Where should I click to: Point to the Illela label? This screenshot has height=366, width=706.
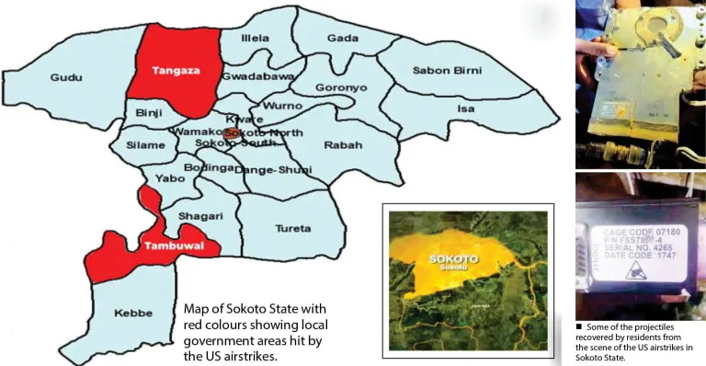[255, 39]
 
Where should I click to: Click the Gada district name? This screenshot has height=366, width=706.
[342, 39]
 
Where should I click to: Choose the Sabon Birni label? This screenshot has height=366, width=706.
[446, 70]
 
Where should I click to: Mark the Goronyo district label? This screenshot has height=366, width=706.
[341, 88]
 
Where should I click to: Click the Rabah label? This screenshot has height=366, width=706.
[343, 145]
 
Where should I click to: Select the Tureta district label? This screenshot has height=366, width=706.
[293, 227]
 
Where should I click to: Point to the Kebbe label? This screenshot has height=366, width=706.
[133, 314]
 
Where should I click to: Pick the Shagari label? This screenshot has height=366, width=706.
[199, 215]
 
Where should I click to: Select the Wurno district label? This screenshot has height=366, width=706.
[277, 107]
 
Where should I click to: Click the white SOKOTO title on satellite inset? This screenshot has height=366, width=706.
[454, 259]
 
